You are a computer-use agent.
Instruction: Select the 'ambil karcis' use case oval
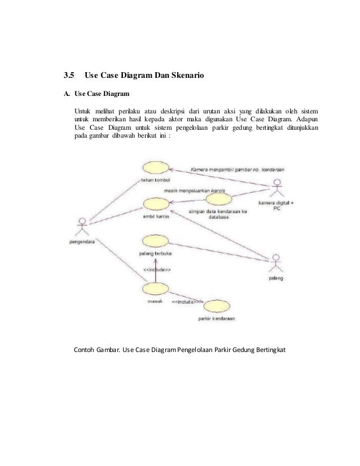[155, 204]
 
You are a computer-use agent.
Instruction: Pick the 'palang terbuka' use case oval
[155, 241]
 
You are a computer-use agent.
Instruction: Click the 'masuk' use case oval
[155, 291]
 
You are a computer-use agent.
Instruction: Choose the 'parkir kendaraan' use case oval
[217, 308]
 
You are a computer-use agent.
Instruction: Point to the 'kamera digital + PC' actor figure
[276, 187]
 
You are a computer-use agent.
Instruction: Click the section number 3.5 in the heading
[68, 74]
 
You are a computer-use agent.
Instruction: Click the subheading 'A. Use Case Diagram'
[96, 93]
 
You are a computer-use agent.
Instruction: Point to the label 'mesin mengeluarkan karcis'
[194, 191]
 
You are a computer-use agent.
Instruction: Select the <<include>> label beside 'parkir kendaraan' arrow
[186, 302]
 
